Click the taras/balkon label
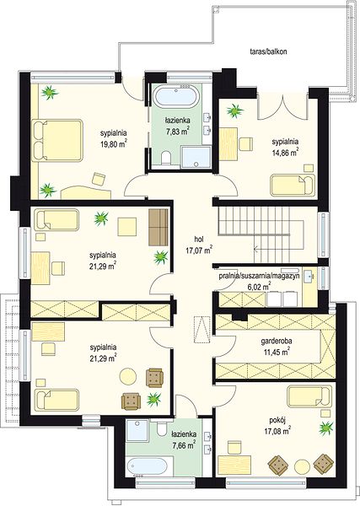coord(268,51)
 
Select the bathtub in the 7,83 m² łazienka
coord(176,96)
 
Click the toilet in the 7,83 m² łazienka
coord(166,159)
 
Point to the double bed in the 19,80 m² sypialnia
coord(57,140)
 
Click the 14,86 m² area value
coord(285,153)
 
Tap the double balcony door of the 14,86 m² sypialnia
coord(283,106)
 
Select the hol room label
coord(198,240)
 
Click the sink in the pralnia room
coord(310,276)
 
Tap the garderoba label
coord(275,341)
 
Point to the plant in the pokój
coord(326,428)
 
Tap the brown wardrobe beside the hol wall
coord(159,227)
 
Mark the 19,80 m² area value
coord(113,143)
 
